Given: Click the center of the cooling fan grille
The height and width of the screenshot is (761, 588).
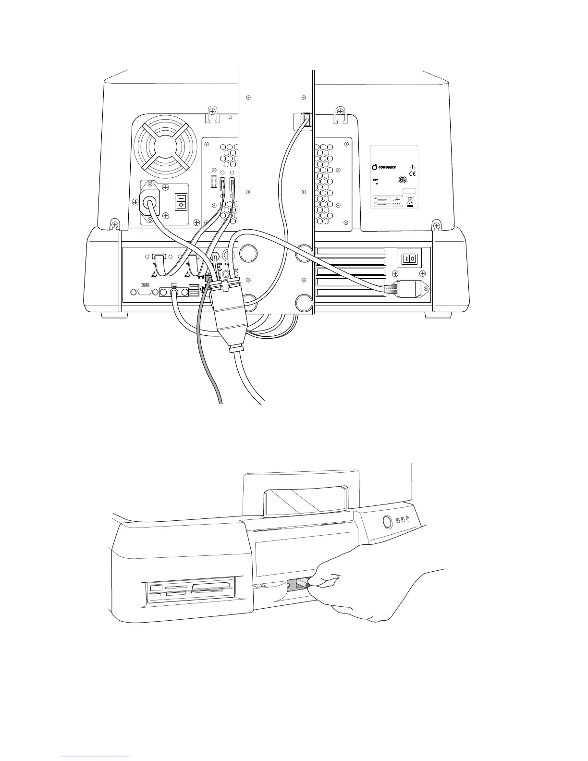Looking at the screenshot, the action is coord(165,145).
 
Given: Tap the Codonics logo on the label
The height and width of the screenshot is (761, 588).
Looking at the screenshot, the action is coord(384,167).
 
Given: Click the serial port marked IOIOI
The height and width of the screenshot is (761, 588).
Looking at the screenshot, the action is coord(145,285).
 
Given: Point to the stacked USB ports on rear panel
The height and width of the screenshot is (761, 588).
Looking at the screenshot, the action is coord(194,290).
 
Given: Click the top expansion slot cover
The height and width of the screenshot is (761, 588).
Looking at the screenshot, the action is coord(351,251).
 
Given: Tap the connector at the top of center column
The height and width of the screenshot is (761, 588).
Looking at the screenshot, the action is coord(306,119).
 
